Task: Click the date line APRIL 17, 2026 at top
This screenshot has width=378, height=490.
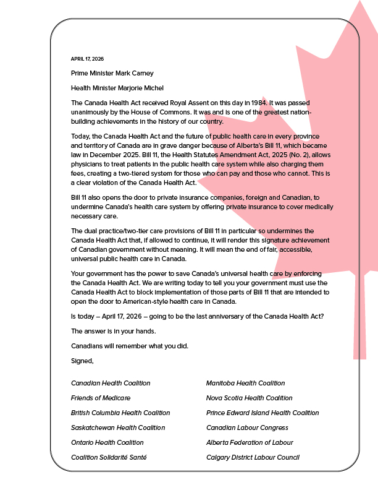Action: point(87,59)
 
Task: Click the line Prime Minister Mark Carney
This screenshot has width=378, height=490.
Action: point(112,73)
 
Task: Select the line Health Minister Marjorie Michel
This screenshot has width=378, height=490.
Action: point(117,88)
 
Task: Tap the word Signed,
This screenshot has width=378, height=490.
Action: point(82,360)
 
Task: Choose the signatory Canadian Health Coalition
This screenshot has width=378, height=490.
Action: point(111,383)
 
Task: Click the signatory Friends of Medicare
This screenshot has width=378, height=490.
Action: point(101,398)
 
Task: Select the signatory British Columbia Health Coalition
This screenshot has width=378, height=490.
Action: point(120,413)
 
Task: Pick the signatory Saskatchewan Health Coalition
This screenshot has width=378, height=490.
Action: point(118,428)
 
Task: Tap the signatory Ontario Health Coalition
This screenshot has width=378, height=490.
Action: point(107,442)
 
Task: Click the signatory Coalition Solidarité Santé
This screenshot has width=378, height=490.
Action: point(109,457)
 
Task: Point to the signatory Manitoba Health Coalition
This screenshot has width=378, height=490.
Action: point(245,383)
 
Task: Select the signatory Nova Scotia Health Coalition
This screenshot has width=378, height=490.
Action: point(249,398)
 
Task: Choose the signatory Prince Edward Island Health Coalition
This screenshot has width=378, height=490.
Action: point(262,413)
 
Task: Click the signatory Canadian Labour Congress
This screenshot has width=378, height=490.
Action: point(247,428)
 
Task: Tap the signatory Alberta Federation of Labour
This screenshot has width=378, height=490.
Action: point(250,442)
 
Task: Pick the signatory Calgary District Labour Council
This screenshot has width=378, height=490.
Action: point(253,457)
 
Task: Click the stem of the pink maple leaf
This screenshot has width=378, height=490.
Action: point(359,322)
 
